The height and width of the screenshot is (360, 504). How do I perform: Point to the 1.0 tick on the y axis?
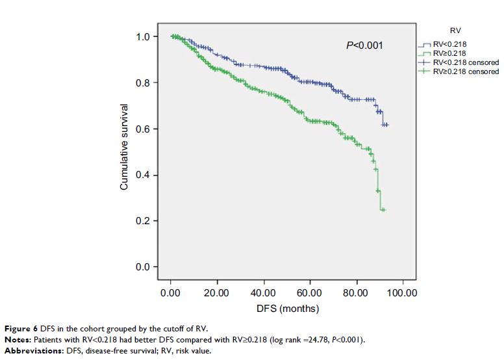(x=142, y=37)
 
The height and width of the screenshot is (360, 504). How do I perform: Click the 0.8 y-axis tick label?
(x=142, y=83)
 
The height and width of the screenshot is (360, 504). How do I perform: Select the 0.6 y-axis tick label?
(x=142, y=129)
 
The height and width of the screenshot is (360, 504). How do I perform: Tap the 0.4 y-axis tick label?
(x=142, y=175)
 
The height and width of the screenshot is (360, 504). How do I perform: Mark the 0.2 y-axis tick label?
(x=142, y=222)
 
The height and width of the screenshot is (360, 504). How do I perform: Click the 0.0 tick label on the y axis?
(x=142, y=267)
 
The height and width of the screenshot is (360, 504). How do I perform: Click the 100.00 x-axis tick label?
(x=402, y=293)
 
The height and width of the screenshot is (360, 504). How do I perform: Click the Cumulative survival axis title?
(x=123, y=147)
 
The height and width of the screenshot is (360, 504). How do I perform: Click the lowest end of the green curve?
(x=383, y=209)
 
